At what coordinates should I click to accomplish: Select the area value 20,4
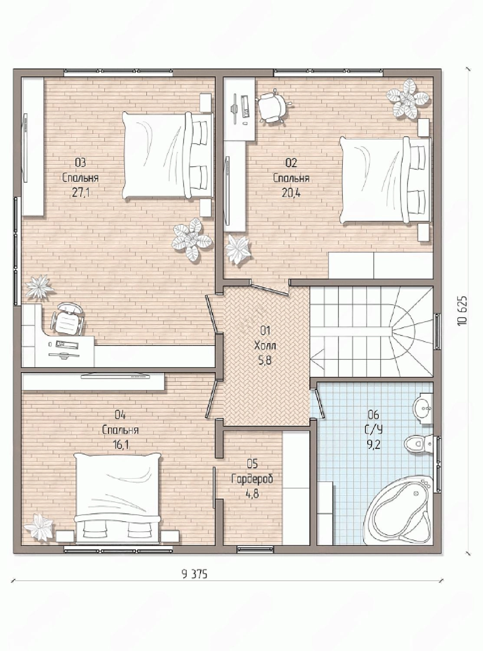click(291, 193)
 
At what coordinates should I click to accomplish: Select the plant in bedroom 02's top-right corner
click(408, 99)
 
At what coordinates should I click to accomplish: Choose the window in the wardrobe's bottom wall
click(255, 549)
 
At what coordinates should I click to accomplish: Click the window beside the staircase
click(437, 332)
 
